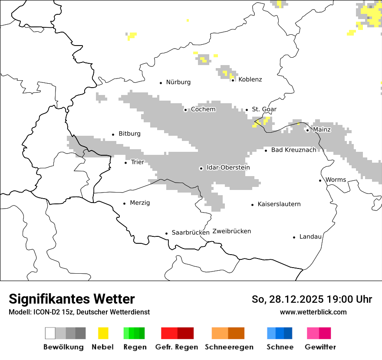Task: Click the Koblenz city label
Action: (250, 79)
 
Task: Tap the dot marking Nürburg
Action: (161, 82)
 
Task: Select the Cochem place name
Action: (203, 109)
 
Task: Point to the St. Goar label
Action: (264, 109)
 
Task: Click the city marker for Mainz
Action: (307, 130)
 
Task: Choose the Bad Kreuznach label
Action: (293, 150)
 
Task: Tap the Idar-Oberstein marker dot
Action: (201, 168)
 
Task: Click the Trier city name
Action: (137, 162)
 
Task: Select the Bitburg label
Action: (129, 134)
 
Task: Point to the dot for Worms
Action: (320, 180)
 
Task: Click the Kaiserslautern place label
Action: (279, 204)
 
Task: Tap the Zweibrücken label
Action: (231, 231)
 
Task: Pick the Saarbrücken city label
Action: (191, 232)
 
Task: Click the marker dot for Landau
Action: (294, 237)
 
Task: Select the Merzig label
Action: (140, 203)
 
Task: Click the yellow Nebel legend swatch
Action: (103, 333)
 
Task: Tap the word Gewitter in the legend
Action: (320, 347)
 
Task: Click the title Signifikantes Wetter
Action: (72, 299)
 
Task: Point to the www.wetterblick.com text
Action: (313, 312)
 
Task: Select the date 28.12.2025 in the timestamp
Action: (296, 299)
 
